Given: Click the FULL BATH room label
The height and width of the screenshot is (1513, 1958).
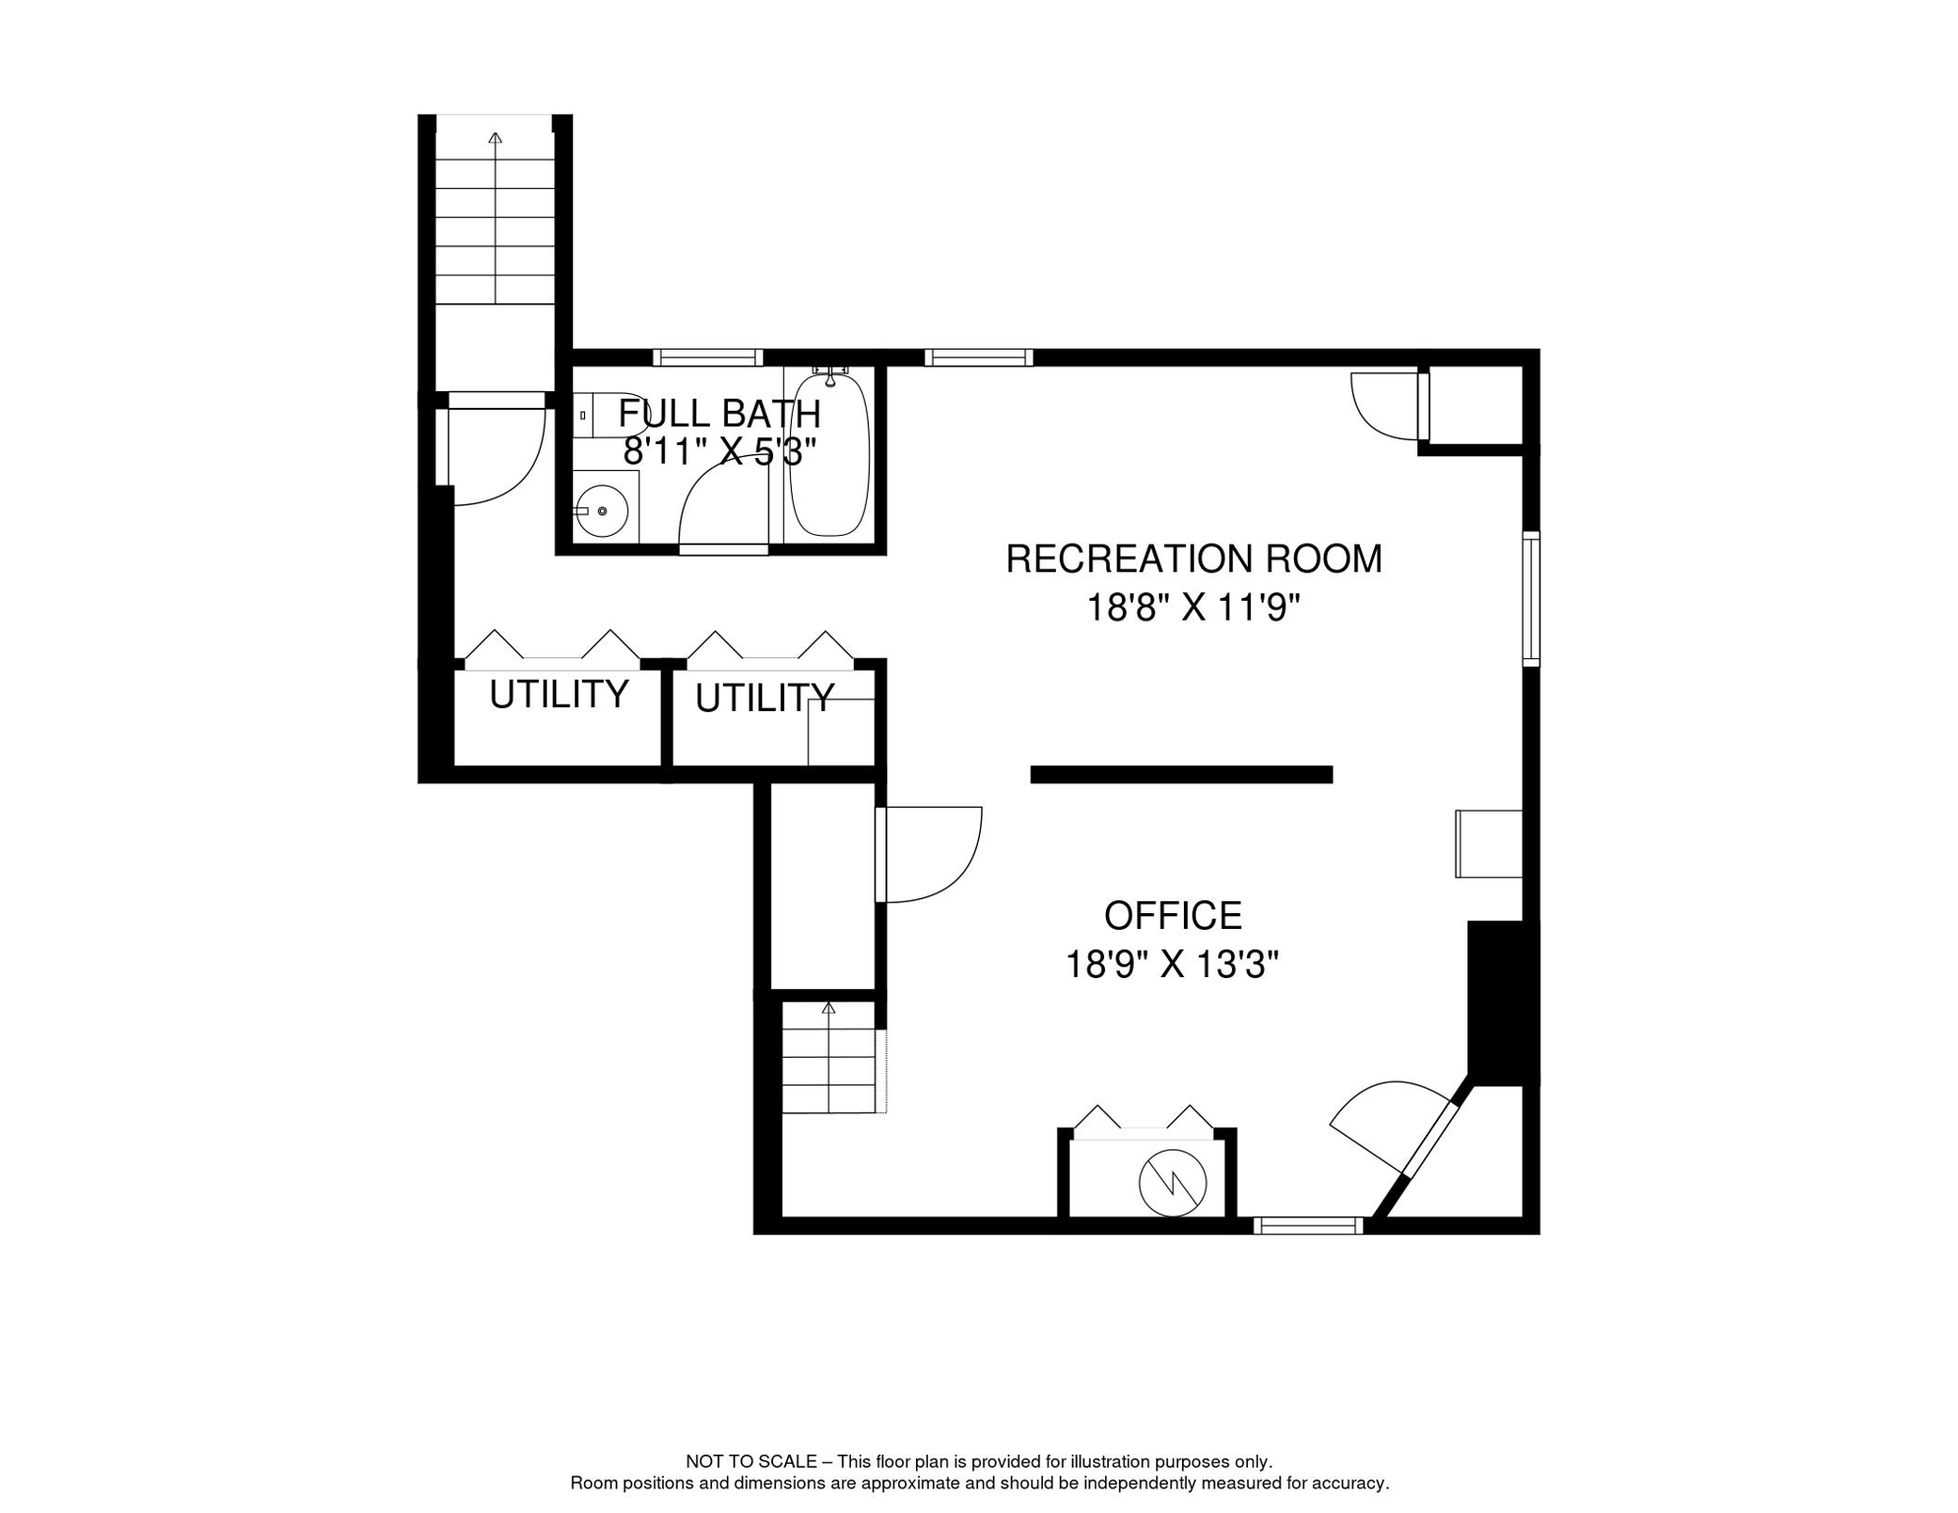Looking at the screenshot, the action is (719, 414).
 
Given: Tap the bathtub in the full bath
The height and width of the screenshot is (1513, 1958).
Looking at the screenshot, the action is (829, 455).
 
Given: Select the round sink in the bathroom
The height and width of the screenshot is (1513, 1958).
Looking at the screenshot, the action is (602, 511).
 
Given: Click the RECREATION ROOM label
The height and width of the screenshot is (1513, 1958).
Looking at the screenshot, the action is (1194, 559).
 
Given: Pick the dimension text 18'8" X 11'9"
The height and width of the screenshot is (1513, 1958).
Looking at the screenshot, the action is (1194, 608).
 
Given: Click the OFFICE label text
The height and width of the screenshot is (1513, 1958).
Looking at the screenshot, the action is (1173, 916).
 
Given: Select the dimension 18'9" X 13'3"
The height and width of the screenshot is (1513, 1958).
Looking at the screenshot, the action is (1172, 964).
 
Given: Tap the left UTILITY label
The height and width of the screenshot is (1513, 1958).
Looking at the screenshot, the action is (559, 694).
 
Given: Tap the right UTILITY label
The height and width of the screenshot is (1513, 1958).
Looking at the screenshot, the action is (765, 698).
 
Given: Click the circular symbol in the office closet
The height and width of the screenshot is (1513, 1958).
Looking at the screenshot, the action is (1173, 1183).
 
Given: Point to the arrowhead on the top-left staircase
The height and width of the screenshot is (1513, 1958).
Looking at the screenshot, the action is (495, 138).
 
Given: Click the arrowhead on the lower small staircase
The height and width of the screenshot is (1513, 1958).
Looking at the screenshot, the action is (828, 1008).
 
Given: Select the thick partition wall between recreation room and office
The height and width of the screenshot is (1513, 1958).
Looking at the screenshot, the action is (1182, 775).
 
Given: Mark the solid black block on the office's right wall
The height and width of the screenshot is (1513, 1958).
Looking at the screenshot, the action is (1503, 1003).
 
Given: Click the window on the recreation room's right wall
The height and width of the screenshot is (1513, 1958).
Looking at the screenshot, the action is (1532, 599).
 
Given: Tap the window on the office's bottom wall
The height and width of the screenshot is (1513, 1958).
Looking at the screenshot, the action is (1309, 1226).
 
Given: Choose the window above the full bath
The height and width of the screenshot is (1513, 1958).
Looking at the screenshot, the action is (708, 358).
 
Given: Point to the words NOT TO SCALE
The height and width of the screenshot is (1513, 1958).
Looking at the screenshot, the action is (751, 1462).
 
